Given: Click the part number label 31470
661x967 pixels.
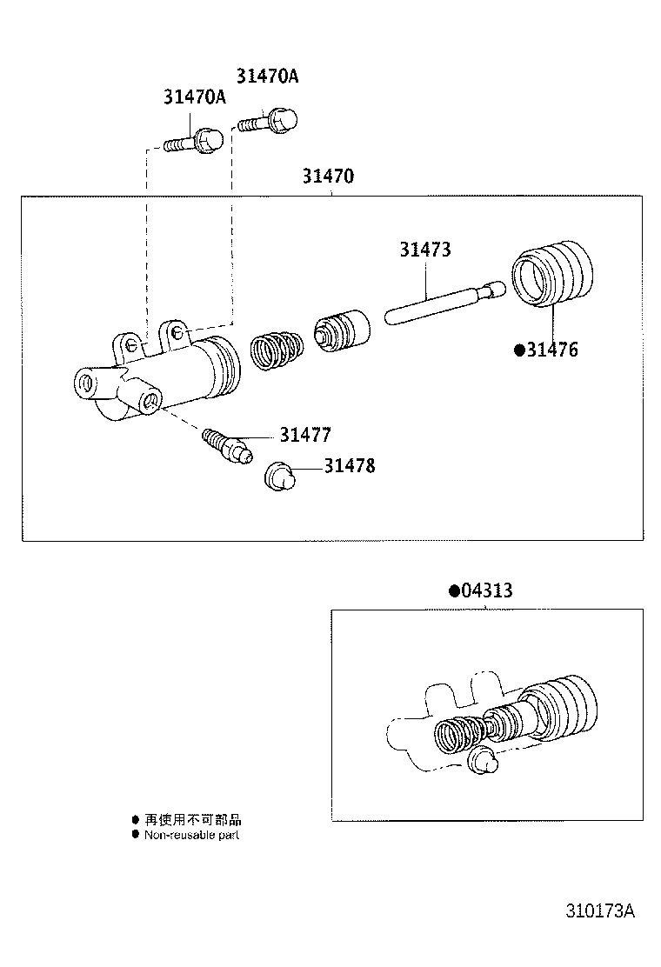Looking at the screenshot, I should click(x=328, y=177).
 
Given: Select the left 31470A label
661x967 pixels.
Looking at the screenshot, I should click(x=194, y=97).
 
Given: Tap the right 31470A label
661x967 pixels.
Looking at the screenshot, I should click(x=267, y=76).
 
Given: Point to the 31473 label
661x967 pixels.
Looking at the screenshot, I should click(x=425, y=250).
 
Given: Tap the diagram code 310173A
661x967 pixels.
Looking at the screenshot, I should click(x=600, y=912).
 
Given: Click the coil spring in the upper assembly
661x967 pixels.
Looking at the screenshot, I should click(x=277, y=351).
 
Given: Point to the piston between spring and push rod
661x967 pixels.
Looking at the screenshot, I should click(x=342, y=331).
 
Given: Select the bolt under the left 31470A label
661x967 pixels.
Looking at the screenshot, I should click(x=193, y=140).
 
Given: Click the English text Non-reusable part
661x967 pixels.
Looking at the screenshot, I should click(x=191, y=835).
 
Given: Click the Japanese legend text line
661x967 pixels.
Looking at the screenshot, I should click(x=192, y=819).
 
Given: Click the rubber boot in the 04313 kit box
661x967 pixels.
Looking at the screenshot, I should click(x=564, y=704).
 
